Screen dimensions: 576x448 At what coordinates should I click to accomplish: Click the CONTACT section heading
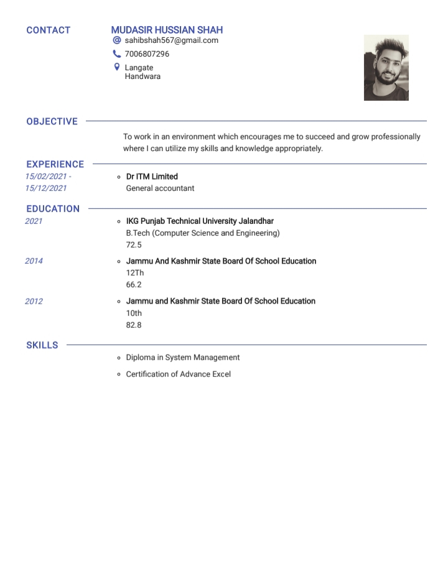49,30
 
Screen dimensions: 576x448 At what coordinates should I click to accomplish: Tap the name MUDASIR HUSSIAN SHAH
167,30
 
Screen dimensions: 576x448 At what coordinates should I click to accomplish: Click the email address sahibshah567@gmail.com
171,40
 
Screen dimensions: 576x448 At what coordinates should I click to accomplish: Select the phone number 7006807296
147,54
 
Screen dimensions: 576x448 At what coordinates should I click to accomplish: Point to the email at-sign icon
116,40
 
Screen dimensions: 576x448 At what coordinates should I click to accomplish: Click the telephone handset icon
116,54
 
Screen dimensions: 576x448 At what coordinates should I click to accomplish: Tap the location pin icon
116,67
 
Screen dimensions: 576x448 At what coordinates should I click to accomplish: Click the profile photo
386,67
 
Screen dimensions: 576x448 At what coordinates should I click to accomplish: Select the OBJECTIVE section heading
52,121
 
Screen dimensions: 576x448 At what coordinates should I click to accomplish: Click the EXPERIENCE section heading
55,164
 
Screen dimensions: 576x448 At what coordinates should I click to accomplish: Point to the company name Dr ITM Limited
152,177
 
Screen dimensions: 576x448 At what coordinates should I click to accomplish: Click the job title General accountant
160,188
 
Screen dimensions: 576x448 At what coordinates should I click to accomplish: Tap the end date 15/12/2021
45,188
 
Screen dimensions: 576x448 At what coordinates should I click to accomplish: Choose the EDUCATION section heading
53,209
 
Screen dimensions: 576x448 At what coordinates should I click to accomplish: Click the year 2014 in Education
34,261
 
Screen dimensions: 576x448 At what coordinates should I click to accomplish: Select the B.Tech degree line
203,233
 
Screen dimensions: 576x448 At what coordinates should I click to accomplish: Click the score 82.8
134,325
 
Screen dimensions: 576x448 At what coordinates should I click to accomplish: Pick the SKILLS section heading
42,345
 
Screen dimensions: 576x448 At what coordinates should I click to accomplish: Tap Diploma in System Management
182,358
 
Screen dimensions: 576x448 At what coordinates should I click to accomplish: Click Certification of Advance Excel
178,374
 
